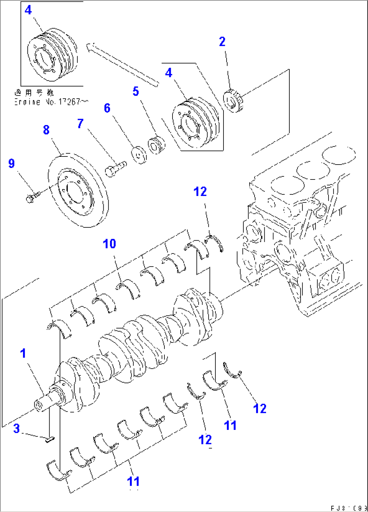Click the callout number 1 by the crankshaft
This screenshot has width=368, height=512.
pos(23,353)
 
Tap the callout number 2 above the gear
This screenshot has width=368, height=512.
pos(222,42)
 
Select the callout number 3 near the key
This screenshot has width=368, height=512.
pos(17,429)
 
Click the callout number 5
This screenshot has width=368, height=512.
pos(135,91)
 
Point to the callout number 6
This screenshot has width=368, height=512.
pos(107,108)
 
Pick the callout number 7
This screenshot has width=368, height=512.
pos(80,123)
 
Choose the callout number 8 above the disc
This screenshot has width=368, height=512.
pos(46,130)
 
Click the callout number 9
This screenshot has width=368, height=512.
pos(11,164)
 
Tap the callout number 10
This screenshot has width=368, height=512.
pos(109,244)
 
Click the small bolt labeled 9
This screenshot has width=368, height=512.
pos(32,196)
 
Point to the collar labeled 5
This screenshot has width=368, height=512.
pos(157,145)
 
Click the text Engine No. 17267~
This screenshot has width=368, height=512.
pos(51,102)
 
